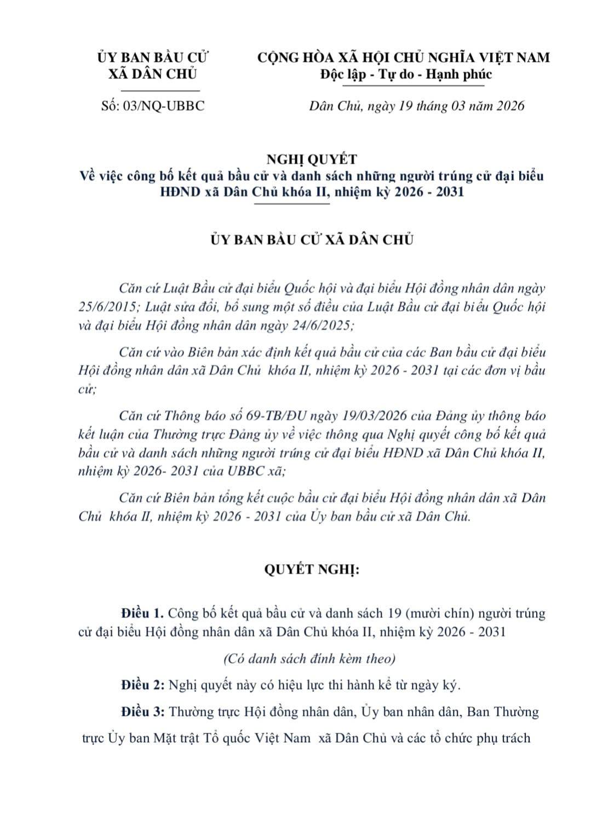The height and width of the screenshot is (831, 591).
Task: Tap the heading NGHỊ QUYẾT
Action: (311, 159)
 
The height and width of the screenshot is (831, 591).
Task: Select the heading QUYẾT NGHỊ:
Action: (311, 569)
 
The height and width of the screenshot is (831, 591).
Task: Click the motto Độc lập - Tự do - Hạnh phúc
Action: (406, 74)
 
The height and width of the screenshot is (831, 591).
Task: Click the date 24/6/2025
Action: (320, 325)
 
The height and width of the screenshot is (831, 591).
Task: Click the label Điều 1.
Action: (142, 613)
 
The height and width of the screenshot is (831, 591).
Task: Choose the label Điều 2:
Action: (143, 685)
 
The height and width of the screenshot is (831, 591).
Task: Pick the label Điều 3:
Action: (143, 712)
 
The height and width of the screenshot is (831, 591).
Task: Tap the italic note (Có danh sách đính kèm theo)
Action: (309, 658)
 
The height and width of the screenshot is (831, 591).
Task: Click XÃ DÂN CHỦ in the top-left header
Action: (152, 74)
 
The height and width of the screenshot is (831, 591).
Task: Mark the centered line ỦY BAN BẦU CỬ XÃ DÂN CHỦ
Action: (312, 240)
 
